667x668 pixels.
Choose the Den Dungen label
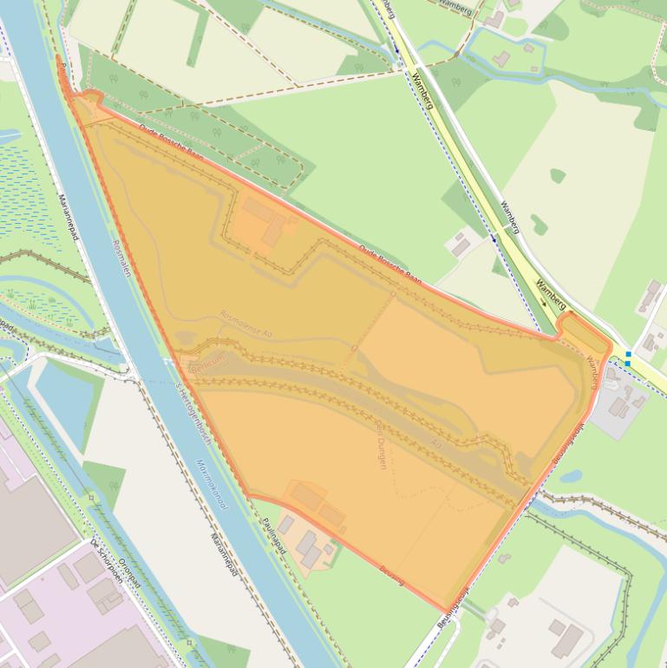380,443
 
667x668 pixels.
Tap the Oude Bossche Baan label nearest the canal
171,144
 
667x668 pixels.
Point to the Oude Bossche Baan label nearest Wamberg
390,265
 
